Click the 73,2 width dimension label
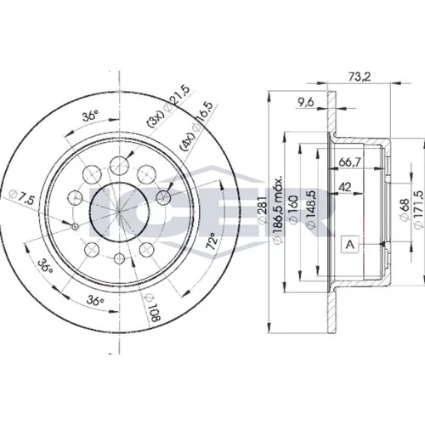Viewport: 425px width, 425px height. (x=360, y=76)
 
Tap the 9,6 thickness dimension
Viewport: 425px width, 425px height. (x=305, y=102)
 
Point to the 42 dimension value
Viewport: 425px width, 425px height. (x=345, y=187)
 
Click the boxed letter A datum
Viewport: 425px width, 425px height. (x=351, y=244)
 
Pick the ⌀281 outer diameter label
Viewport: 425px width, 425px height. (x=262, y=210)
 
